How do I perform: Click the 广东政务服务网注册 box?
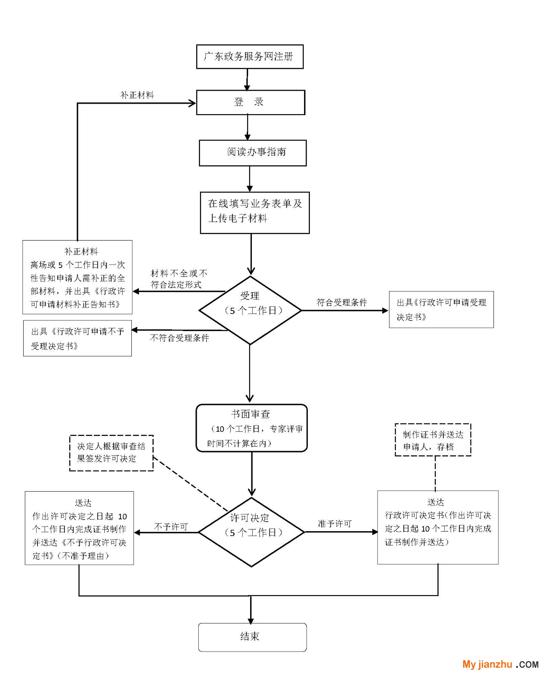[250, 57]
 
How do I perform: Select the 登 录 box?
[251, 102]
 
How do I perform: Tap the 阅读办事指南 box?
[253, 153]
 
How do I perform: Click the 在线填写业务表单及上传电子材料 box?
[255, 213]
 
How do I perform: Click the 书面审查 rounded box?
[251, 428]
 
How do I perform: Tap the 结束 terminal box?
[252, 637]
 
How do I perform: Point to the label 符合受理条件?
[341, 302]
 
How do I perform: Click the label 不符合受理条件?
[179, 338]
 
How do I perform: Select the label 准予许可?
[334, 524]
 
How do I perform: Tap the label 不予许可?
[171, 527]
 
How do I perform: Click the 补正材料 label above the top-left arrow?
[137, 95]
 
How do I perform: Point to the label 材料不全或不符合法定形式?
[179, 279]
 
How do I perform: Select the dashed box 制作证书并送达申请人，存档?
[433, 440]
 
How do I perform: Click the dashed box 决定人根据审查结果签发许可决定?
[111, 453]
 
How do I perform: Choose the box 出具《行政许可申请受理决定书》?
[441, 310]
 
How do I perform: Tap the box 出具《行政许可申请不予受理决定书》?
[77, 338]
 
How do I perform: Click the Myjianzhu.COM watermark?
[500, 664]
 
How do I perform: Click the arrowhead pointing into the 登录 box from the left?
[192, 103]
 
